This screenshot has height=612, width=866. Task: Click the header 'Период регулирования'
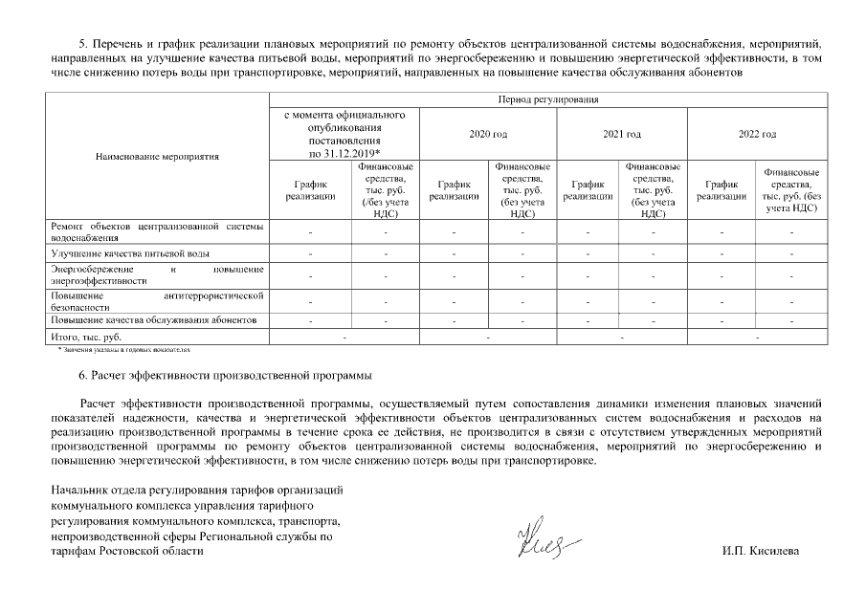[x=547, y=98]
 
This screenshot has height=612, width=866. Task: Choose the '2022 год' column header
[x=756, y=135]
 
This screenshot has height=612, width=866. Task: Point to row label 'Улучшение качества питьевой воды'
[x=130, y=254]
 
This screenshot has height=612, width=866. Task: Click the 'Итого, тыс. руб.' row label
[x=85, y=338]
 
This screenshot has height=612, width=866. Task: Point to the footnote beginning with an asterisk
[x=123, y=351]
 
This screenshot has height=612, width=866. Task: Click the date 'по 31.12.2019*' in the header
[x=344, y=153]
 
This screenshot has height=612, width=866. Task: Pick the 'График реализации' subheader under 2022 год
[x=722, y=190]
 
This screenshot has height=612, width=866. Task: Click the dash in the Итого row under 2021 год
[x=622, y=338]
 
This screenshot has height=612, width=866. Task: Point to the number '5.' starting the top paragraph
[x=82, y=44]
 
